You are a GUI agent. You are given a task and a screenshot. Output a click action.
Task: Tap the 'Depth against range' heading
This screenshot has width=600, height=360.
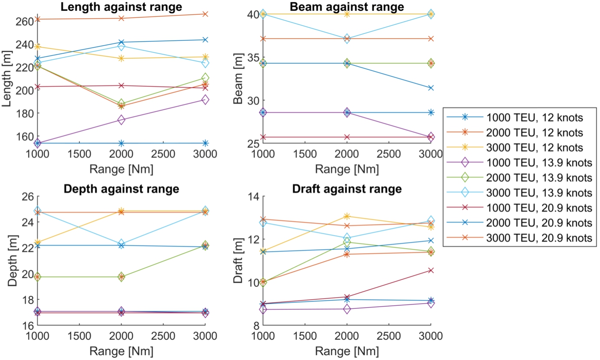[121, 189]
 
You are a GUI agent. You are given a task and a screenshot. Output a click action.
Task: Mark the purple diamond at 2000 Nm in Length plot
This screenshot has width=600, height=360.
[121, 120]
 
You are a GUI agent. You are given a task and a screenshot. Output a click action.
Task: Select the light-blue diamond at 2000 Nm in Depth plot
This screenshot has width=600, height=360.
[121, 243]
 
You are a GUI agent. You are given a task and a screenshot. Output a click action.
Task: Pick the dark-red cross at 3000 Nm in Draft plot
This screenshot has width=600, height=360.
[430, 270]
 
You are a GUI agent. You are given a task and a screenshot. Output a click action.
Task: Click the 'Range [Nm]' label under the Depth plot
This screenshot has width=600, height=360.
[121, 350]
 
